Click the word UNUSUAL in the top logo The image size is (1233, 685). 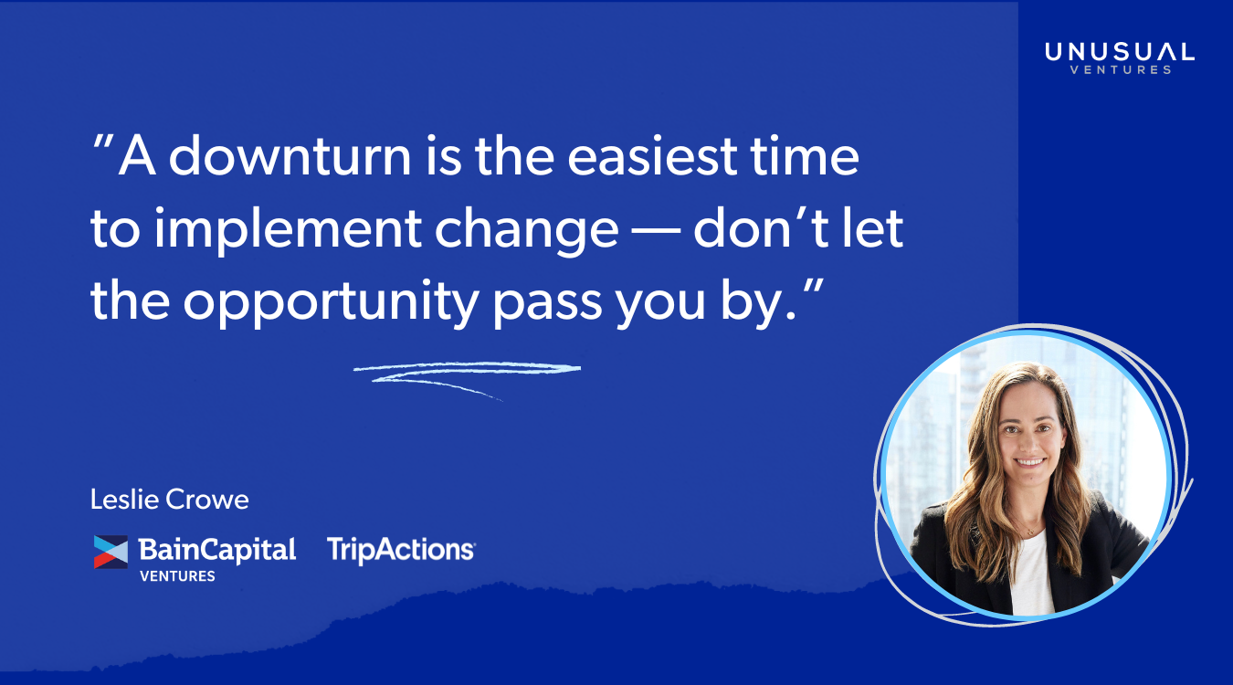pyautogui.click(x=1120, y=52)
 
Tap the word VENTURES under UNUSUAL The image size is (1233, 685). pyautogui.click(x=1121, y=70)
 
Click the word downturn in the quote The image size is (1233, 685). pyautogui.click(x=290, y=156)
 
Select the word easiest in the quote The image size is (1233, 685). pyautogui.click(x=652, y=156)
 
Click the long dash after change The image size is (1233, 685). pyautogui.click(x=656, y=232)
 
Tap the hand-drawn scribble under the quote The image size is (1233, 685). pyautogui.click(x=467, y=374)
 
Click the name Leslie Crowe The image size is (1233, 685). pyautogui.click(x=170, y=500)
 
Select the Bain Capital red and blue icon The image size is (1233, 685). pyautogui.click(x=111, y=552)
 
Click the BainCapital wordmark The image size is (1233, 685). pyautogui.click(x=216, y=550)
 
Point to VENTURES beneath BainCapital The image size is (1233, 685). pyautogui.click(x=177, y=576)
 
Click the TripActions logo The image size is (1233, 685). pyautogui.click(x=401, y=550)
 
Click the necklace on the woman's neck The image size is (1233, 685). pyautogui.click(x=1028, y=532)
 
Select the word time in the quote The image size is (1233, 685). pyautogui.click(x=805, y=156)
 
